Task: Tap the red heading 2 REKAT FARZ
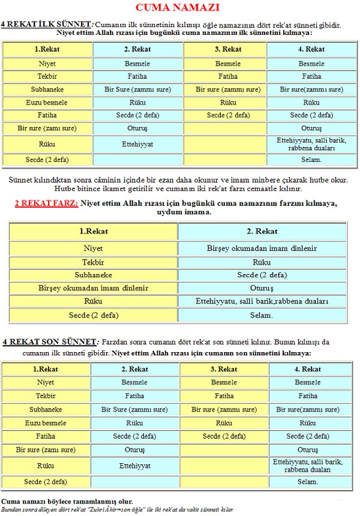click(x=46, y=203)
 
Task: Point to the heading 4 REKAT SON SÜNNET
click(x=49, y=341)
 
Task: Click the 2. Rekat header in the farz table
click(x=262, y=231)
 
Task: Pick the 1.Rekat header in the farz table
click(x=94, y=231)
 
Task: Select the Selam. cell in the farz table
click(x=262, y=315)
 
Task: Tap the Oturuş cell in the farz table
click(x=262, y=288)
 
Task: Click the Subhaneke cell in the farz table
click(x=94, y=275)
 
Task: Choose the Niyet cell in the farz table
click(x=94, y=248)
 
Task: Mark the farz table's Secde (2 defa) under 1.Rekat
click(x=94, y=315)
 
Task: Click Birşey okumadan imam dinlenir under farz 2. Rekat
click(x=262, y=248)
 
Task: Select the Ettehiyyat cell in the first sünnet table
click(x=138, y=144)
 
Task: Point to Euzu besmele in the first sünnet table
click(x=47, y=102)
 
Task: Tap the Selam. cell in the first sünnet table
click(x=311, y=160)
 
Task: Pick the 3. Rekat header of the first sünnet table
click(x=228, y=49)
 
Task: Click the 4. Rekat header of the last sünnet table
click(x=307, y=369)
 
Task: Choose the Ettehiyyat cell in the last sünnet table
click(x=135, y=465)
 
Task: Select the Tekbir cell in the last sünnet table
click(x=46, y=396)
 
